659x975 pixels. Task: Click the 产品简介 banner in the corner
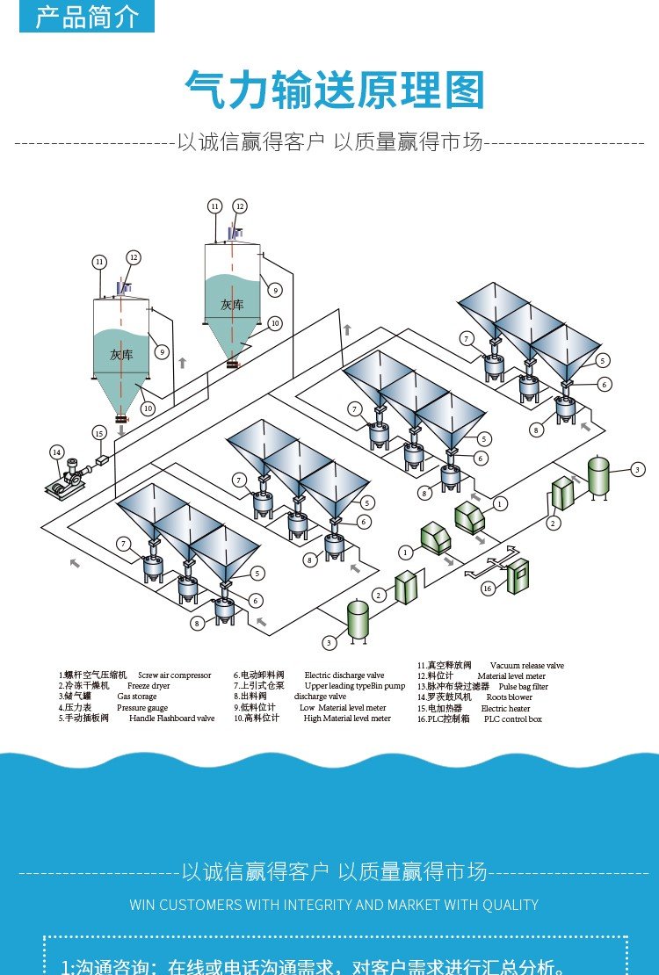point(86,17)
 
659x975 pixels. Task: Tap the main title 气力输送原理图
point(335,90)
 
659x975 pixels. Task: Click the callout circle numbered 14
point(56,452)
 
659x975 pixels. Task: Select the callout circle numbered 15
point(99,433)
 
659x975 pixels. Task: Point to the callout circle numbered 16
point(488,588)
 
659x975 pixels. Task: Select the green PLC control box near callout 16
point(518,571)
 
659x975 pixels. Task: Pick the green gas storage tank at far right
point(599,476)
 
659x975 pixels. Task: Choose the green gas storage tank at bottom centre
point(358,619)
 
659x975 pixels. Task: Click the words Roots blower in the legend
point(509,697)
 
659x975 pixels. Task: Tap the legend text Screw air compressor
point(174,675)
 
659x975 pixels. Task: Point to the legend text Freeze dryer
point(148,686)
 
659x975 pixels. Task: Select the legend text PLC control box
point(512,719)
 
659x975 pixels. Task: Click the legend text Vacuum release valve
point(526,666)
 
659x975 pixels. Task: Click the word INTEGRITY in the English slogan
point(307,905)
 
